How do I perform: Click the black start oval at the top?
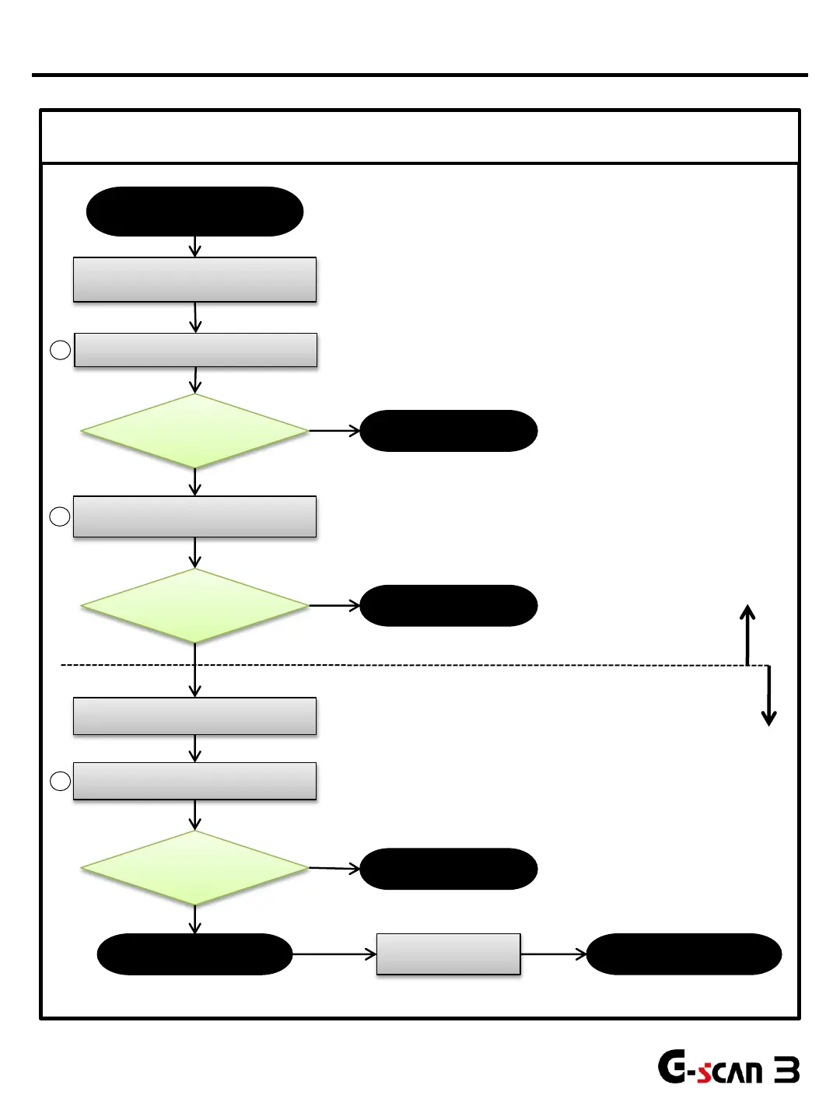(x=194, y=212)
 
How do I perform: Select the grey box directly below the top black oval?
(x=194, y=279)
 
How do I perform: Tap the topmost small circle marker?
(x=61, y=350)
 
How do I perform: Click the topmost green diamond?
(x=194, y=431)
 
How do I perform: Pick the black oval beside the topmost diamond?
(x=449, y=431)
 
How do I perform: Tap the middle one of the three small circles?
(x=60, y=516)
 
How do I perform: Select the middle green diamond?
(x=194, y=606)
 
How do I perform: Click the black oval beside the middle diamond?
(x=449, y=606)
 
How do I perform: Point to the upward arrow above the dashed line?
(x=747, y=634)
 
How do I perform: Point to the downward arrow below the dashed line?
(x=769, y=696)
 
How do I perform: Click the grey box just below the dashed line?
(x=194, y=716)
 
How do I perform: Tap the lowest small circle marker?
(x=61, y=782)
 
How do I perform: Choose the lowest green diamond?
(x=194, y=868)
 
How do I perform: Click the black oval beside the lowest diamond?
(x=449, y=869)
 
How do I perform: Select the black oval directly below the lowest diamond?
(x=194, y=954)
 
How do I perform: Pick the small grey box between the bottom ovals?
(x=448, y=954)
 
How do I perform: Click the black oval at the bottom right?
(x=684, y=954)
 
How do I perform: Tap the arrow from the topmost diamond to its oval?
(x=334, y=430)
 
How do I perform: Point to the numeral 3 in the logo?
(x=787, y=1071)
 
